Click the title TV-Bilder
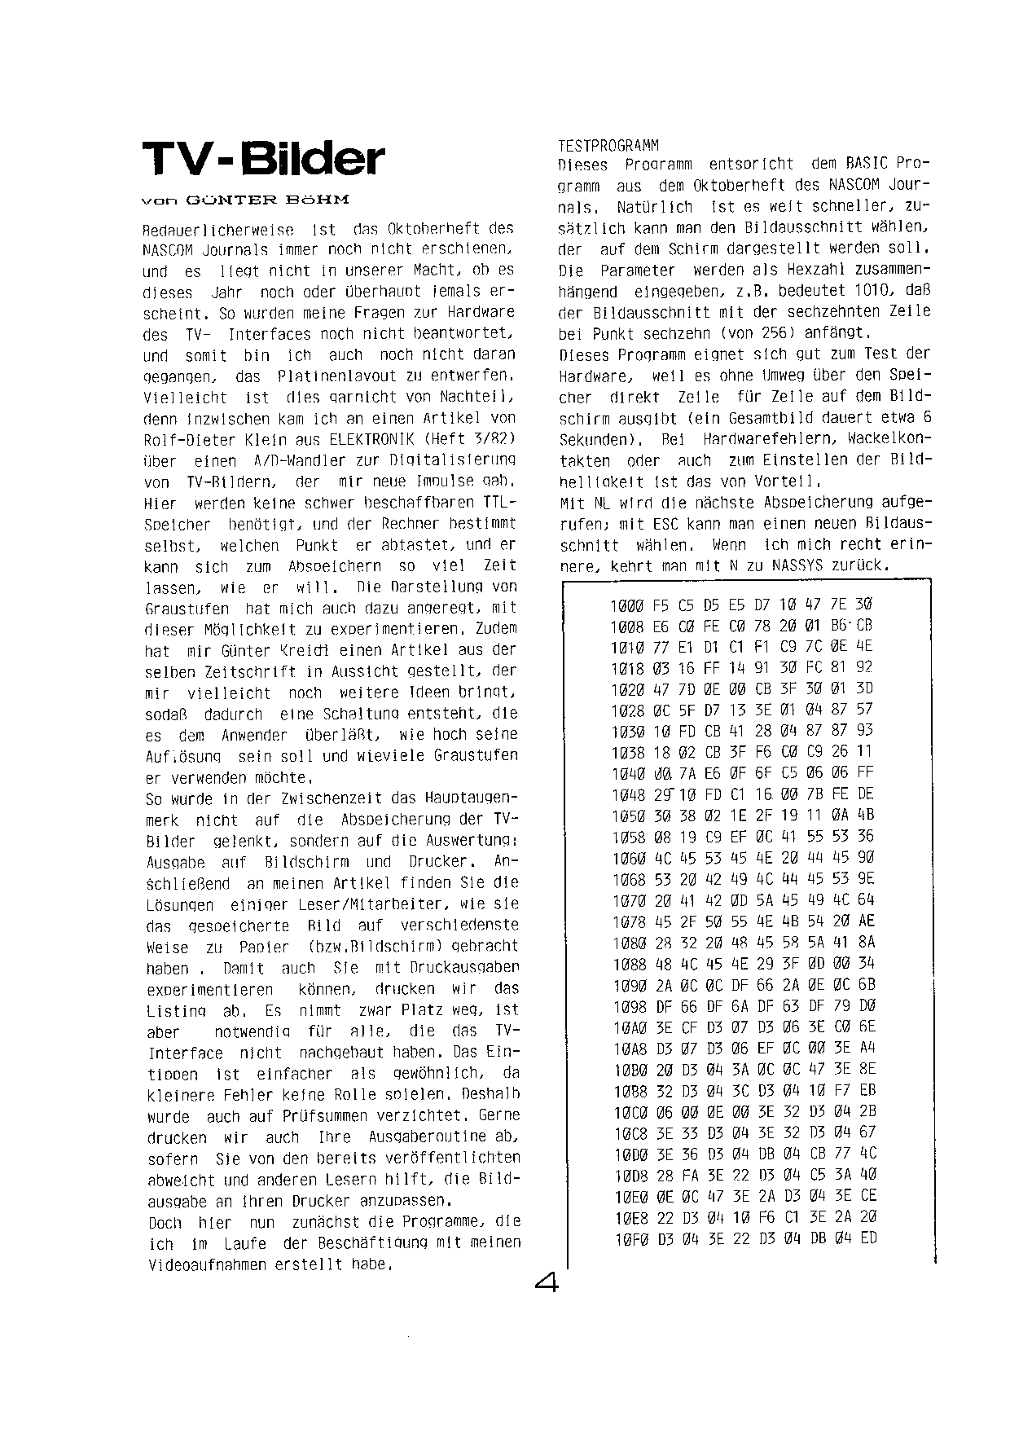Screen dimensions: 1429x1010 coord(262,160)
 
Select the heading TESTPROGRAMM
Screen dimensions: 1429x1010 coord(608,146)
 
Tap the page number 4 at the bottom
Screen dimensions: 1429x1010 coord(547,1284)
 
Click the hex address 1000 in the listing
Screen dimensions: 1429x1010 coord(626,605)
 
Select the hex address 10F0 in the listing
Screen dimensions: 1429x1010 coord(626,1238)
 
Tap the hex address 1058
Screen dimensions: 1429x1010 coord(626,837)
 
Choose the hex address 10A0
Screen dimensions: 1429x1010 coord(626,1027)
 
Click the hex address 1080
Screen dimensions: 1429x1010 coord(626,943)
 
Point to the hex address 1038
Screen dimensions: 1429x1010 coord(626,752)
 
